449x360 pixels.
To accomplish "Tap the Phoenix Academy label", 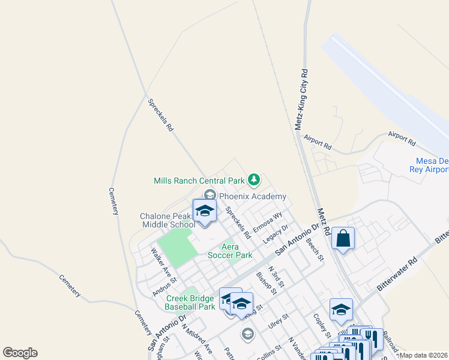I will coord(252,196).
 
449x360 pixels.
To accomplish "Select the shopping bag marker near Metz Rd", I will coord(343,238).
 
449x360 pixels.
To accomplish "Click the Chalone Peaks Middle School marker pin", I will coord(205,211).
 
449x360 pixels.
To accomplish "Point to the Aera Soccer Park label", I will coord(230,251).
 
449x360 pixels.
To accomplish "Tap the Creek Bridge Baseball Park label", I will coord(190,302).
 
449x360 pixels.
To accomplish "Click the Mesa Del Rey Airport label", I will coord(432,165).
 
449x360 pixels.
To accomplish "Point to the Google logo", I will coord(20,353).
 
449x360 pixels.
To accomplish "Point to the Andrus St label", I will coord(165,284).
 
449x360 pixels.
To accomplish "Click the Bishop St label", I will coord(265,283).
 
